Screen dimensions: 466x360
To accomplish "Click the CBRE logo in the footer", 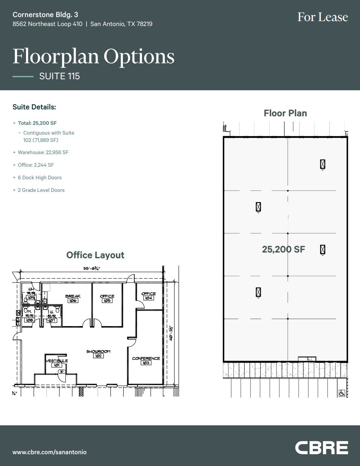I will (x=321, y=447).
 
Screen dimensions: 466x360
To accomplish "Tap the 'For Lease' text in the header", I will (x=323, y=17).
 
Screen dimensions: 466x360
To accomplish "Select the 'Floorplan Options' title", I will (x=94, y=56).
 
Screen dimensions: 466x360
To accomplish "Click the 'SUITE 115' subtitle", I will (x=59, y=76).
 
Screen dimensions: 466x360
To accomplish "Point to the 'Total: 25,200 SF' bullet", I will (x=37, y=123).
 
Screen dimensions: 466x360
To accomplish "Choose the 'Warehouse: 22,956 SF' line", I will (x=43, y=152).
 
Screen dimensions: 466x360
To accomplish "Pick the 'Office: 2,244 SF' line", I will (x=36, y=165).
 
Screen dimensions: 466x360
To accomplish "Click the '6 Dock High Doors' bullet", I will (x=39, y=178).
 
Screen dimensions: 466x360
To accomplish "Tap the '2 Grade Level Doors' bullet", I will (x=41, y=190).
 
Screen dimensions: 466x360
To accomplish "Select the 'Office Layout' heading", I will (x=95, y=255).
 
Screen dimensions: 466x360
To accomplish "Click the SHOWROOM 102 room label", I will (x=98, y=353).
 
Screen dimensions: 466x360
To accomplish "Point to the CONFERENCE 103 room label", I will (x=146, y=360).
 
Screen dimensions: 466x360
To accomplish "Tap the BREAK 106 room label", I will (x=73, y=298).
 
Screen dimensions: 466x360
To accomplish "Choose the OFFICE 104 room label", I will (x=148, y=296).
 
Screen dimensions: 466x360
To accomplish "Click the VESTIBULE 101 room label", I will (x=57, y=363).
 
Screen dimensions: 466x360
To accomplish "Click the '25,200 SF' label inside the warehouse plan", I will (x=284, y=249).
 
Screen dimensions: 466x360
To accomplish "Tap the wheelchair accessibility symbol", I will (x=342, y=393).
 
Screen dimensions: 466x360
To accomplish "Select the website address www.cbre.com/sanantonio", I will (x=50, y=452).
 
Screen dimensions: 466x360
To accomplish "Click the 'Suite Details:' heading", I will (x=34, y=107).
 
